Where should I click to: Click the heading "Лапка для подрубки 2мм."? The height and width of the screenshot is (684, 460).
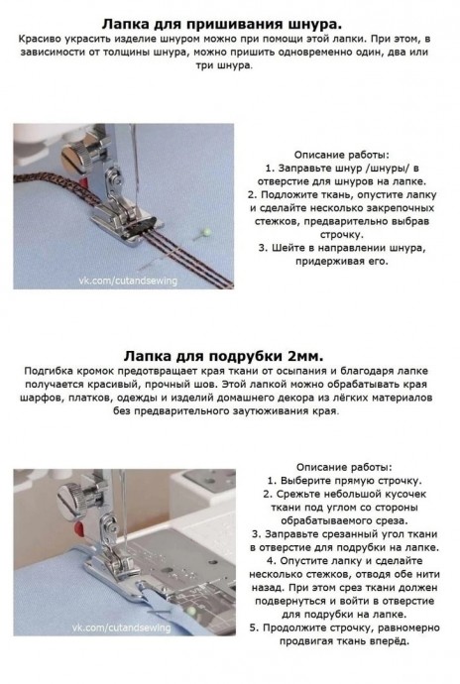pos(223,357)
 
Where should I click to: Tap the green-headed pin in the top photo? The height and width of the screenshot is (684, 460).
pos(207,232)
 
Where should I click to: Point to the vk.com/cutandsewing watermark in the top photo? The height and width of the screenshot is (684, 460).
pos(128,281)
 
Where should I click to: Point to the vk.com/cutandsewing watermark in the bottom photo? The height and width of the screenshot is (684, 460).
pos(121,627)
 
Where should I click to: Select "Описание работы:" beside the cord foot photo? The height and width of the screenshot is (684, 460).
pos(342,155)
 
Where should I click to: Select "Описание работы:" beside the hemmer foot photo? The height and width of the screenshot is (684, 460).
pos(344,468)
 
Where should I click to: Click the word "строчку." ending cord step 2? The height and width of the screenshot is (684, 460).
pos(342,235)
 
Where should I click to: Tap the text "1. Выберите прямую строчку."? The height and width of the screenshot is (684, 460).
pos(344,481)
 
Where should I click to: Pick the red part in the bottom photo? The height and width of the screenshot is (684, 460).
pos(79,530)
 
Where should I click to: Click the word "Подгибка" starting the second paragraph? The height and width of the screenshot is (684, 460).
pos(49,372)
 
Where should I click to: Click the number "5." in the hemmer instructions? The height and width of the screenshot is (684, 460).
pos(255,628)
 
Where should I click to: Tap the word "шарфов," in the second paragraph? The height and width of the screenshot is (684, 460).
pos(41,399)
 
